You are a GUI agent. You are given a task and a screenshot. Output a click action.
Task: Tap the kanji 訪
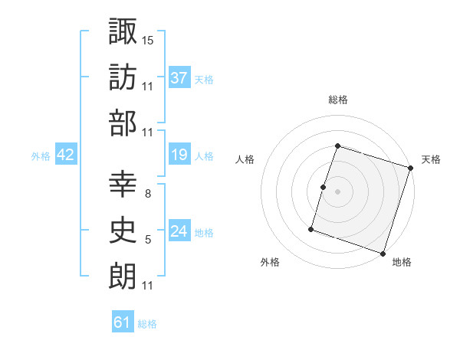coord(123,77)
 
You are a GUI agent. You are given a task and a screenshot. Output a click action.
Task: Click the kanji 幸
coord(123,185)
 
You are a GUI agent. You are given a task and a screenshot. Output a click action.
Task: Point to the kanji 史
coord(123,231)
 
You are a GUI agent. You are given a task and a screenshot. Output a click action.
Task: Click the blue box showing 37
coord(179,77)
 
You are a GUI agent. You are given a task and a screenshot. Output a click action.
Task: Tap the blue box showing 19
coord(179,155)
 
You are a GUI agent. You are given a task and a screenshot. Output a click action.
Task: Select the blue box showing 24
coord(179,231)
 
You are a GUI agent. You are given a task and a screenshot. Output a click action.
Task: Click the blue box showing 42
coord(66,155)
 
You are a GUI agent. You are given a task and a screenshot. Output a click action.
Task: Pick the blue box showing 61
coord(123,322)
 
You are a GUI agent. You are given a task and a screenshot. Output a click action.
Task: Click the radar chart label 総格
coord(338,100)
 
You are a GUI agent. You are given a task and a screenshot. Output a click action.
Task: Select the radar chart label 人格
coord(245,159)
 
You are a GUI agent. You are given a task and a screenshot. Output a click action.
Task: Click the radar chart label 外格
coord(270,262)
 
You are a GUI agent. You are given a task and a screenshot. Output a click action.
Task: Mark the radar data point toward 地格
coord(383,253)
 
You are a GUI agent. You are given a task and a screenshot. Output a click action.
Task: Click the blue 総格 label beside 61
coord(147,324)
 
